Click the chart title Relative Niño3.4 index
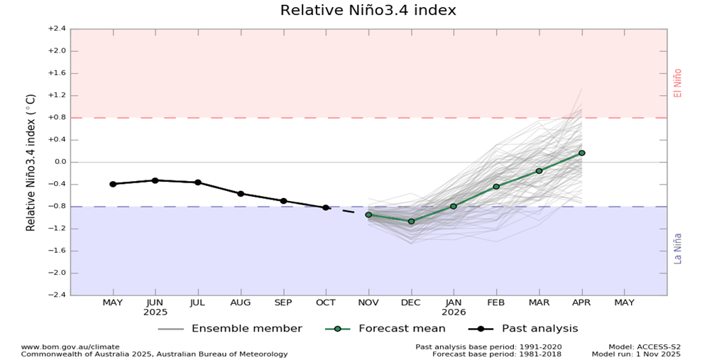(x=368, y=11)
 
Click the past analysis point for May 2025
(x=113, y=184)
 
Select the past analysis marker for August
(x=241, y=194)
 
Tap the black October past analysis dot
(x=326, y=207)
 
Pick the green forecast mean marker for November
(x=368, y=214)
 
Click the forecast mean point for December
(x=411, y=222)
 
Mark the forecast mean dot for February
(x=496, y=187)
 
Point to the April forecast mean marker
(x=582, y=153)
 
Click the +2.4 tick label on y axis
(x=57, y=29)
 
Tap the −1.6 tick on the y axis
(x=57, y=251)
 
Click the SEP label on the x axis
(x=283, y=302)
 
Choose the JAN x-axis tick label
(x=454, y=302)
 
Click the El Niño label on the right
(x=678, y=83)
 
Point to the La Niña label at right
(x=678, y=249)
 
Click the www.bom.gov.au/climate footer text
(x=70, y=347)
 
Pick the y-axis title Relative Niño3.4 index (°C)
(x=31, y=163)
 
